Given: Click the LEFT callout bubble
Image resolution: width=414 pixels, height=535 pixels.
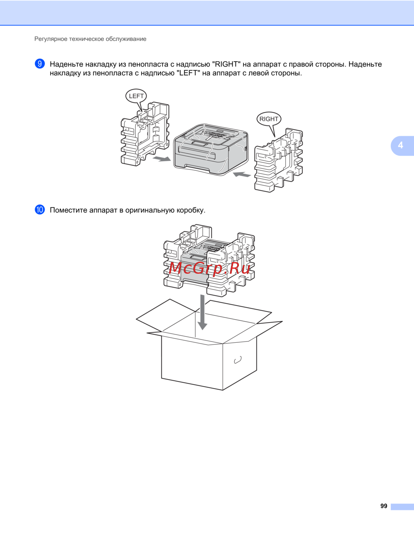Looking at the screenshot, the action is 136,96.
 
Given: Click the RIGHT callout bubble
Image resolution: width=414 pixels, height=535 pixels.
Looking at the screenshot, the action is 269,119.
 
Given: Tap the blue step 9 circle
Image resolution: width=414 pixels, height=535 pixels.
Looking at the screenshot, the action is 40,64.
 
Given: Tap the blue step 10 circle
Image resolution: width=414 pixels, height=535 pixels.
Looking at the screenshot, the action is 40,210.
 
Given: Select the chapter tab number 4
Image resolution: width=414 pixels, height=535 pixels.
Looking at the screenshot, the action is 400,145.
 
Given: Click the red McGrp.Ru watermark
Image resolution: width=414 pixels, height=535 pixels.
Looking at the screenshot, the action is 209,268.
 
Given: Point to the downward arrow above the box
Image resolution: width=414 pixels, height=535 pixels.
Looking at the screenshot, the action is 202,312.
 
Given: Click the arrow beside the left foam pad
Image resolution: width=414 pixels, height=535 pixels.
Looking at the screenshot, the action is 161,159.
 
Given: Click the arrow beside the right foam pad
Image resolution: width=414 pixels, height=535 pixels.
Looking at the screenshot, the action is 242,174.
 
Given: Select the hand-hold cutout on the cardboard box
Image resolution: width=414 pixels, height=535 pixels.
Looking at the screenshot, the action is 238,360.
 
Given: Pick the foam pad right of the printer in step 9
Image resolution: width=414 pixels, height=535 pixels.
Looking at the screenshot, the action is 279,160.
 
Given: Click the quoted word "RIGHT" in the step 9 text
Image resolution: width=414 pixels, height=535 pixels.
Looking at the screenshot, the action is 226,64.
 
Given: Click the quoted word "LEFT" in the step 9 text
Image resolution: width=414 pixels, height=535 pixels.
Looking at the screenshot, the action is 188,73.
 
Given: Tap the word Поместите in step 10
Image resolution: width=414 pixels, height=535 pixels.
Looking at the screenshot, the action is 68,210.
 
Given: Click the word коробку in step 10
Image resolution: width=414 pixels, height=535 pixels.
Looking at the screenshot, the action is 191,210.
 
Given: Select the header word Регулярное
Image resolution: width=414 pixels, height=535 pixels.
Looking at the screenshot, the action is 51,39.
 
